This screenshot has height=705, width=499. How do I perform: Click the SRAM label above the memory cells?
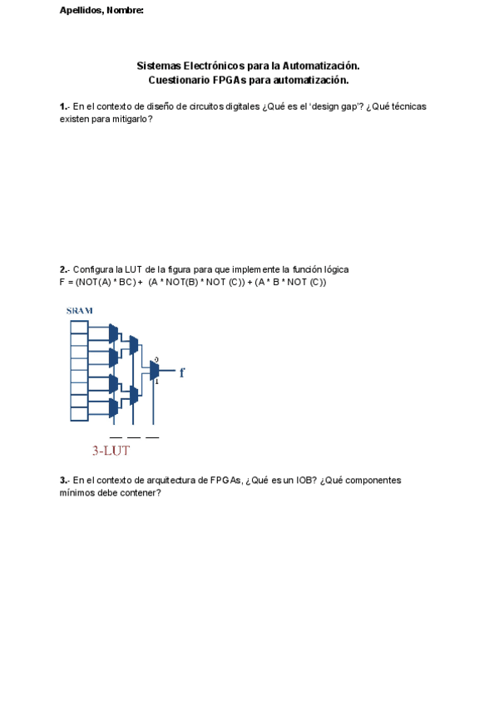pos(79,311)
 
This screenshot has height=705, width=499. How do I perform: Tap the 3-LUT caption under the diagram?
pos(111,451)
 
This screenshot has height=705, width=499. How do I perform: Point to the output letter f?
pos(181,372)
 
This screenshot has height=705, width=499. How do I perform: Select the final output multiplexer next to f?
pos(154,371)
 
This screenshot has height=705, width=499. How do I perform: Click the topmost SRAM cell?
pos(79,326)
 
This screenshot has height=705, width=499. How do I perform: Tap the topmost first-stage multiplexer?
pos(113,333)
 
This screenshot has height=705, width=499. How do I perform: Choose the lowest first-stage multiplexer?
pos(113,407)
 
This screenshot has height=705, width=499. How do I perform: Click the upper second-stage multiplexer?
pos(134,345)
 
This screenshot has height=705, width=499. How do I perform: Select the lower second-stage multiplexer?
pos(134,395)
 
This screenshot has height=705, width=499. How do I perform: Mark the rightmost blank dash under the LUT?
pos(152,436)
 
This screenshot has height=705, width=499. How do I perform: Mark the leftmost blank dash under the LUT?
pos(116,436)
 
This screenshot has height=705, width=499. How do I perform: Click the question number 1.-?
pos(64,106)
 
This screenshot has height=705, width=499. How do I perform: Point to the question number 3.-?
pos(64,481)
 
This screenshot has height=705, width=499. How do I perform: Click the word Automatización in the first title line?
pos(320,65)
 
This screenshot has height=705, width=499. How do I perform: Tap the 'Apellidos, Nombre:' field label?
pos(101,10)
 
